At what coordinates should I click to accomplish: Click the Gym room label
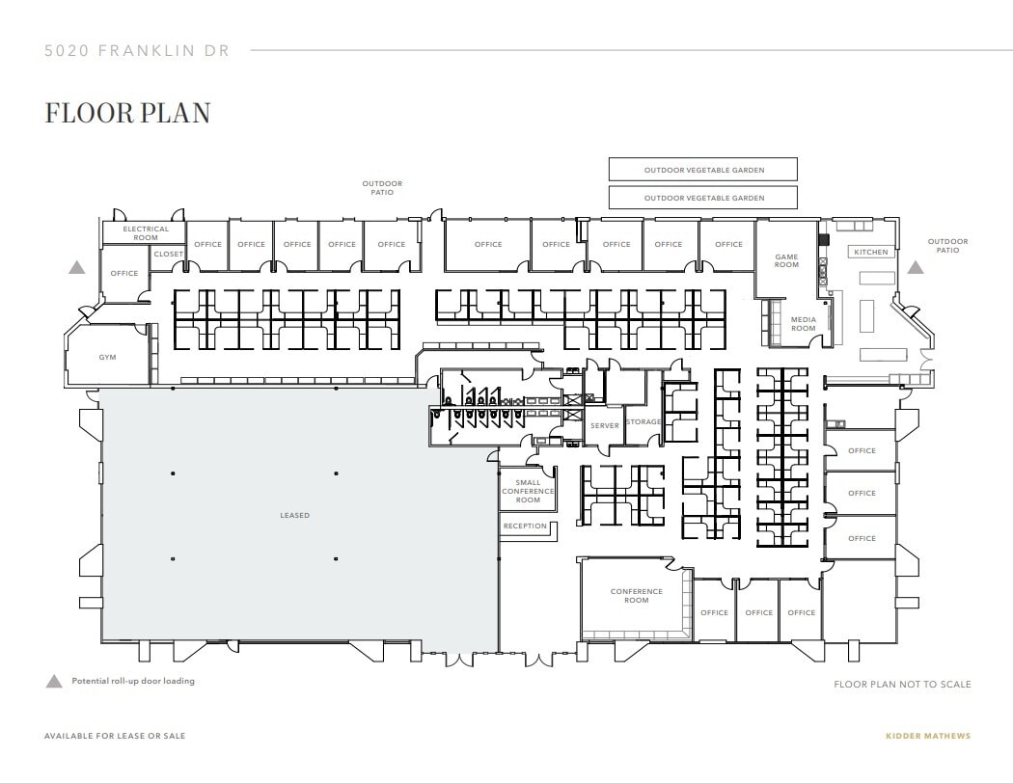(x=107, y=357)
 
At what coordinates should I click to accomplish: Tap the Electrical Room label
(x=146, y=233)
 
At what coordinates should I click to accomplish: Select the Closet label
(x=168, y=255)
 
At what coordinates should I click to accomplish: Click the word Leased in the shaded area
(x=295, y=516)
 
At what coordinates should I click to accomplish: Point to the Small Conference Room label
(x=528, y=492)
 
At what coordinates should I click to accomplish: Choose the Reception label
(x=525, y=526)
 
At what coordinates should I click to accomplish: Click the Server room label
(x=604, y=425)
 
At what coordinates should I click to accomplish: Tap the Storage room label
(x=643, y=422)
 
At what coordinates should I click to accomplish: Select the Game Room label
(x=786, y=260)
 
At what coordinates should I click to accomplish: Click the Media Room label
(x=803, y=324)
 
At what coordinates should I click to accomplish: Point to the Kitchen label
(x=870, y=253)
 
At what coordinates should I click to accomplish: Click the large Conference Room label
(x=636, y=596)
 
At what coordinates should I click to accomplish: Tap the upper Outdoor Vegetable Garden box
(x=703, y=170)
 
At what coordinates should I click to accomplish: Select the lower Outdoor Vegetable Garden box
(x=703, y=198)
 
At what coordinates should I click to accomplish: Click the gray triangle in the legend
(x=54, y=681)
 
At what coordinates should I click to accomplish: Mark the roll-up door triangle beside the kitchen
(x=915, y=267)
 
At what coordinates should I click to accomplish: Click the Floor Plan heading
(x=127, y=113)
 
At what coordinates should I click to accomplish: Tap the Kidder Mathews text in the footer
(x=927, y=736)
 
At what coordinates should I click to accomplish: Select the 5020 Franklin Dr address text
(x=137, y=51)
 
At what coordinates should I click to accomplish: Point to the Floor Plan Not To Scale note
(x=902, y=685)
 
